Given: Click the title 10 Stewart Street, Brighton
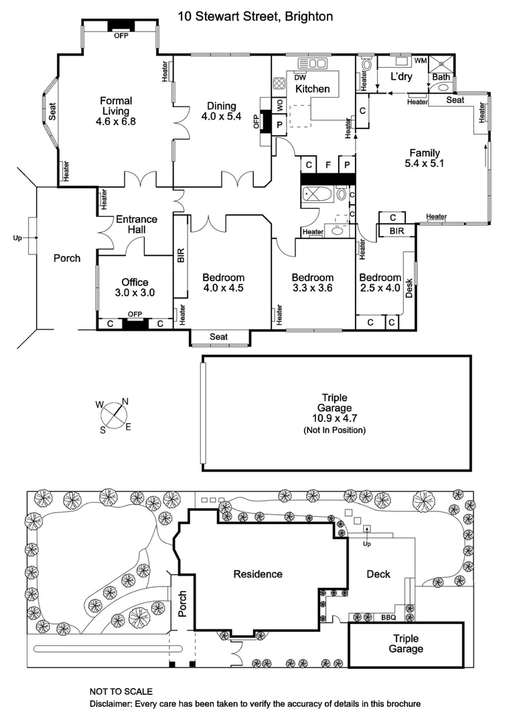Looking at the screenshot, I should [x=255, y=16].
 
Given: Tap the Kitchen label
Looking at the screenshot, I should [x=313, y=89].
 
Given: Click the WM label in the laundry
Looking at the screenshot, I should [x=420, y=61].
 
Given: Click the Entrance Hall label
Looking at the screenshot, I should [x=137, y=224].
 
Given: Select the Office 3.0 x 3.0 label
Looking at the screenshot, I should [x=135, y=287].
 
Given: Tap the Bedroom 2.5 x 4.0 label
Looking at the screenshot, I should [x=379, y=283].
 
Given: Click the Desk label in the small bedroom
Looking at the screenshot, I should [x=409, y=286].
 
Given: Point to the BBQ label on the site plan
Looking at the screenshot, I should [x=388, y=617].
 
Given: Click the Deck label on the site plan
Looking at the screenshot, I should [x=378, y=574].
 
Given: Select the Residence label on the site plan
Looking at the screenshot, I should [x=258, y=574].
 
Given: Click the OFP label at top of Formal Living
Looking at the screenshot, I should [x=121, y=35].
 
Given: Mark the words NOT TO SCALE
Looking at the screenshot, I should [x=121, y=691].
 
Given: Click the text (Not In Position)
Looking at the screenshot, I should [x=334, y=430].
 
